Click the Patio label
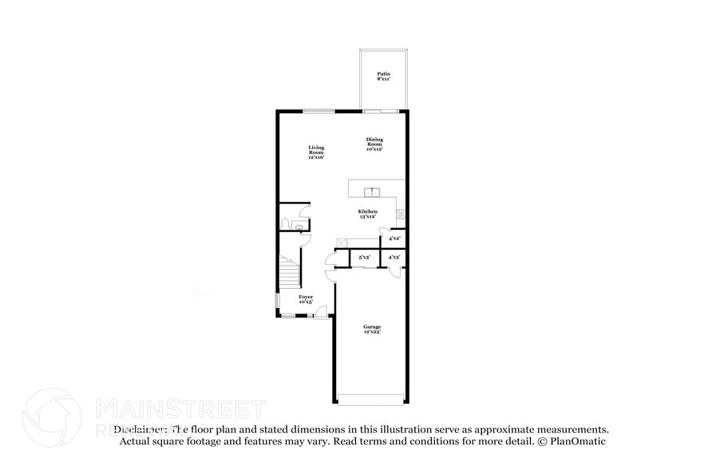point(383,77)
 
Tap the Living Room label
point(316,152)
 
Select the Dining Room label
point(374,144)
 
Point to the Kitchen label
point(367,214)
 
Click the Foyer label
point(306,299)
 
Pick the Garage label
point(372,329)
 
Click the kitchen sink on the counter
point(371,191)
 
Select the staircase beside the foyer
point(290,272)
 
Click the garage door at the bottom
point(372,399)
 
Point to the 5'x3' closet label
point(364,258)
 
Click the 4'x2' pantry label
point(394,238)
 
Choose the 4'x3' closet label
point(394,258)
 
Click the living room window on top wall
point(318,112)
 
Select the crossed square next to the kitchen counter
point(342,242)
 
